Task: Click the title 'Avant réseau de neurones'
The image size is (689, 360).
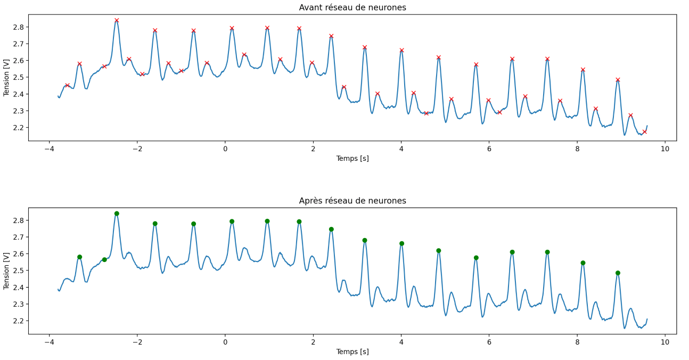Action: coord(352,7)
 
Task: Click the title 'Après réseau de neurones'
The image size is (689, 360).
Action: coord(352,201)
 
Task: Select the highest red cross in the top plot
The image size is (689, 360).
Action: coord(117,20)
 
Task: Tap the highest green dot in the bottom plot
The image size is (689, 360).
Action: coord(117,214)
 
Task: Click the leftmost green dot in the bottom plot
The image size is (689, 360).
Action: coord(79,257)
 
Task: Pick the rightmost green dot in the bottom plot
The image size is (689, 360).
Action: coord(618,273)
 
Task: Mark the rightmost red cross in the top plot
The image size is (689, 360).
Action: coord(644,132)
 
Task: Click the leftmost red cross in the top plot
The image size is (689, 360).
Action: coord(67,85)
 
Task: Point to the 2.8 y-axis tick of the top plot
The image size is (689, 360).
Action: coord(20,27)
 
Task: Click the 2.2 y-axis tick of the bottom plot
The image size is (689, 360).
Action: coord(20,321)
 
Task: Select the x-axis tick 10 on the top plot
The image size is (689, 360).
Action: coord(665,149)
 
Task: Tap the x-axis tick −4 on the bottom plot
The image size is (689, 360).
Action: coord(48,342)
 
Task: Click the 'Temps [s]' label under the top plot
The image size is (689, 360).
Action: coord(352,158)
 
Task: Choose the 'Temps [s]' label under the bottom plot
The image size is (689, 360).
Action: coord(352,351)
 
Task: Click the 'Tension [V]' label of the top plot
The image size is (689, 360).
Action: coord(7,78)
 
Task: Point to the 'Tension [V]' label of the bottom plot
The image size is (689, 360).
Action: coord(7,271)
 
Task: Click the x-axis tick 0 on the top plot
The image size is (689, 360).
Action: coord(225,149)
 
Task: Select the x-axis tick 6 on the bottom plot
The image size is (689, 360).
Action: coord(489,342)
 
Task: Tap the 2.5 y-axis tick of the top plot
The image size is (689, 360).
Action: coord(20,78)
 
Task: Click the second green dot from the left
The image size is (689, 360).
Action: coord(104,259)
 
